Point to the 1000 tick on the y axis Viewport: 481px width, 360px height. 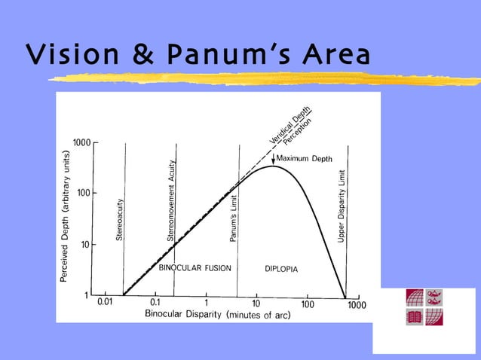[82, 143]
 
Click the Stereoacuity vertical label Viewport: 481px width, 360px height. [120, 219]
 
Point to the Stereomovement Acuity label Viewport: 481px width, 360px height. [171, 201]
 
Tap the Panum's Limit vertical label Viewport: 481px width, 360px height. [234, 218]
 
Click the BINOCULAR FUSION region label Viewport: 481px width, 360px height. [195, 268]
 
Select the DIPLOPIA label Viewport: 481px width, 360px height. [282, 269]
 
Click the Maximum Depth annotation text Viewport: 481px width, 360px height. [305, 158]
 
